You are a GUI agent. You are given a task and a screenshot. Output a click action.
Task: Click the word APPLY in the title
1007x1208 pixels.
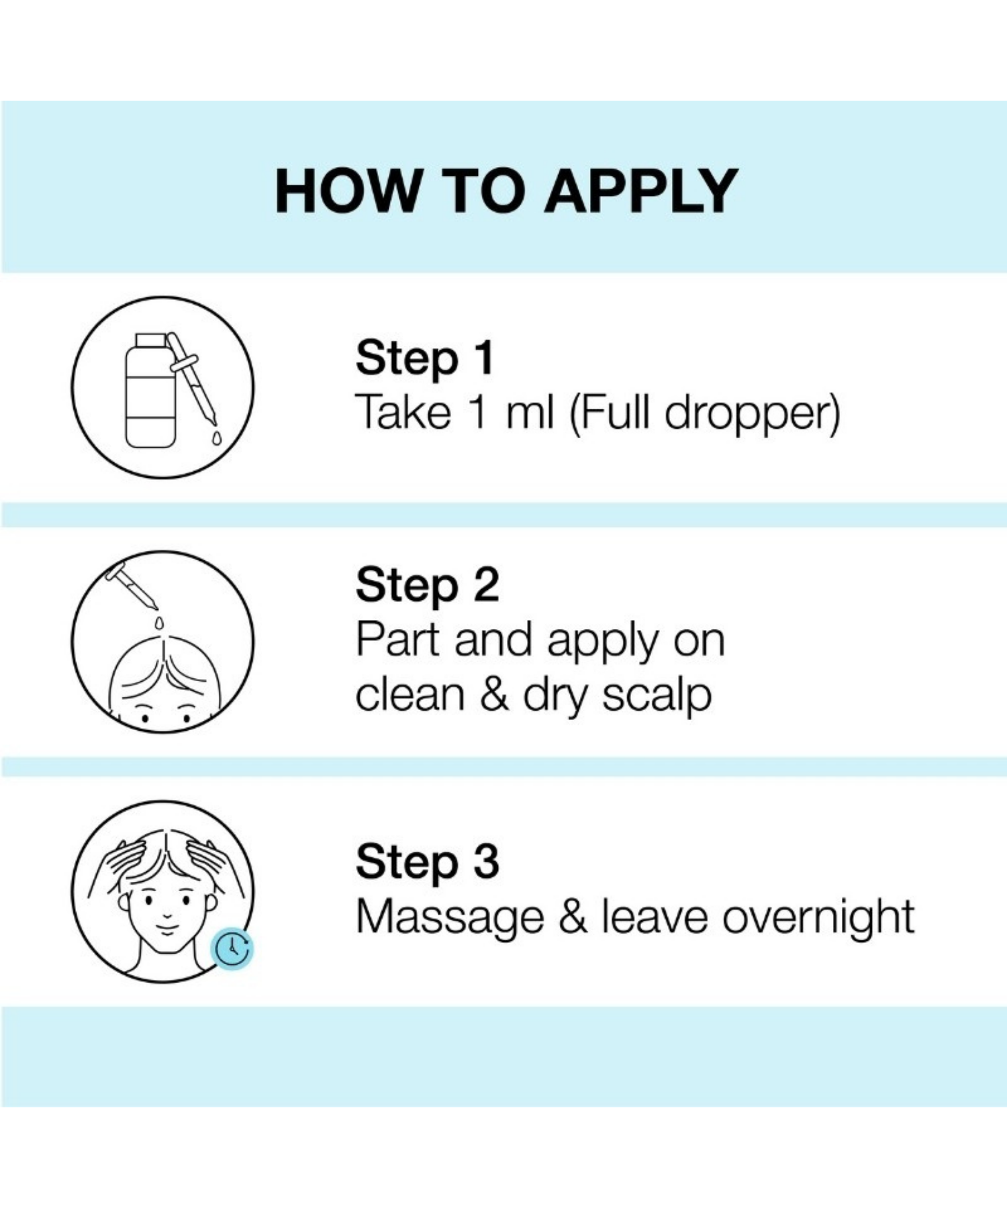[x=641, y=191]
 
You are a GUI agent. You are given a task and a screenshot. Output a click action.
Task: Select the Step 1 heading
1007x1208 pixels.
[x=425, y=359]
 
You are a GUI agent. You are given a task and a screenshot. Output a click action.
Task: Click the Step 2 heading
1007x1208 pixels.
[x=428, y=586]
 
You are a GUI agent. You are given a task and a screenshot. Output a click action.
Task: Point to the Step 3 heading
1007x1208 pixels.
[x=428, y=862]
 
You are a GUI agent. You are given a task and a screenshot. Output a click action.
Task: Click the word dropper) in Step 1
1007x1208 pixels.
[x=752, y=414]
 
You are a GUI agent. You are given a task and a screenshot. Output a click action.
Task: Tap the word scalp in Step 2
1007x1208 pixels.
[x=657, y=697]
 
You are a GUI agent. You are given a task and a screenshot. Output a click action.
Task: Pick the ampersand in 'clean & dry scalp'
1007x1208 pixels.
[x=494, y=695]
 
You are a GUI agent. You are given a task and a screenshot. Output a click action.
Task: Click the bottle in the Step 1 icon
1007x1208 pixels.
[x=151, y=390]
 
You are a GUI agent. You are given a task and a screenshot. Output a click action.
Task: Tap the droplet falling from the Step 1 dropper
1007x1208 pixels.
[x=216, y=438]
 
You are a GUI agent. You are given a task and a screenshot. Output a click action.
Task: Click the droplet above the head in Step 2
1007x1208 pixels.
[x=158, y=623]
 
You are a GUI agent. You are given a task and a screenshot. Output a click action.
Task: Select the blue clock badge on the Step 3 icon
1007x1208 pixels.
[x=232, y=948]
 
